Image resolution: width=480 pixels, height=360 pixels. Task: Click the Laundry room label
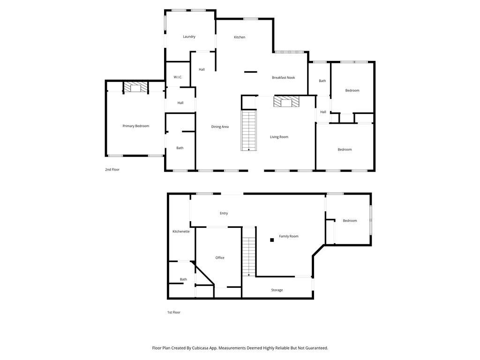tap(189, 37)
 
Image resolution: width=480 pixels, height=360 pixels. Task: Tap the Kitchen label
tap(240, 37)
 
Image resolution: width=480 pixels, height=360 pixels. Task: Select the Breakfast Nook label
tap(283, 77)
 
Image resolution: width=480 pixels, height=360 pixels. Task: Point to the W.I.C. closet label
tap(178, 77)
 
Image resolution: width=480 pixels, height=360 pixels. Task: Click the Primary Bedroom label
tap(135, 126)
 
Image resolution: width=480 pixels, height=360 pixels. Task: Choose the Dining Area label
tap(220, 127)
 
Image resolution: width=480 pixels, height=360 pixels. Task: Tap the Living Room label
tap(279, 137)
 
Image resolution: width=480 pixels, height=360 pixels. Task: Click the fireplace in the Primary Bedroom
tap(135, 87)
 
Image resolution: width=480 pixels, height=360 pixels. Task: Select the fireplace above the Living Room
tap(286, 102)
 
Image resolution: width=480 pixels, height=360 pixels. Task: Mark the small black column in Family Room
tap(272, 240)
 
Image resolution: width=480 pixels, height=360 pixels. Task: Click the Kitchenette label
tap(181, 231)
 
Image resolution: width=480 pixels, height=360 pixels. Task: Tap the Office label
tap(219, 257)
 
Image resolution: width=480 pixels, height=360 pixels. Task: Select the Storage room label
tap(277, 290)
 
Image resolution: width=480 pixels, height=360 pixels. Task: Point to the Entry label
tap(224, 213)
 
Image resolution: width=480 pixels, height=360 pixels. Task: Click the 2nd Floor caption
tap(112, 169)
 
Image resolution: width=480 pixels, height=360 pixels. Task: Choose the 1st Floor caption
tap(173, 312)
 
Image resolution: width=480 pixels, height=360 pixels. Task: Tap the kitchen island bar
tap(250, 72)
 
